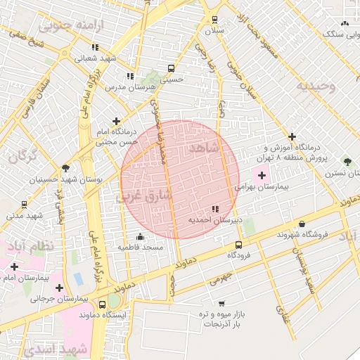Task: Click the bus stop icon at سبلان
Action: [x=214, y=20]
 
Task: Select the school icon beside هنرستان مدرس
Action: [x=130, y=76]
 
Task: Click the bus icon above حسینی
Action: [x=172, y=69]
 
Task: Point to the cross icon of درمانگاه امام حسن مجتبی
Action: [x=116, y=122]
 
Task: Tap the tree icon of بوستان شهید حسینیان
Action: [x=66, y=168]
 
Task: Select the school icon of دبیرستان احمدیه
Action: [x=215, y=208]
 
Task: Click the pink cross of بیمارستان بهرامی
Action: [x=262, y=176]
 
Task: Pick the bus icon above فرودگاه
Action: [x=239, y=245]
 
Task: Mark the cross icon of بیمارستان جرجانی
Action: [x=59, y=287]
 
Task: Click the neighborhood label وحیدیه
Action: [x=316, y=86]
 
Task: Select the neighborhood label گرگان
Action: [x=21, y=155]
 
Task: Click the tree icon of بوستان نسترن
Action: [x=345, y=161]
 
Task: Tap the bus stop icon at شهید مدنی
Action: [x=25, y=205]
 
